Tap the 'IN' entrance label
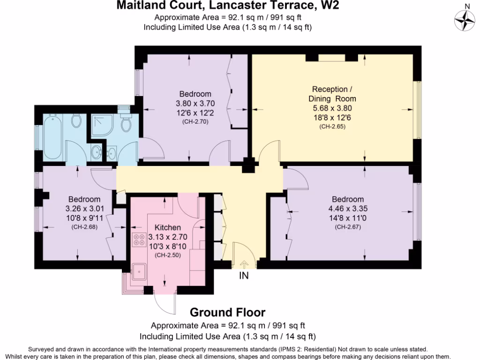[244, 276]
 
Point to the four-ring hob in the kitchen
[139, 240]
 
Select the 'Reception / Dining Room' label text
[332, 94]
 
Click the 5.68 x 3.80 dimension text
[332, 108]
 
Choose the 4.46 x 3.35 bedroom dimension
[348, 209]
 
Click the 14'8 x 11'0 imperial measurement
[348, 218]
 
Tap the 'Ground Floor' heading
[227, 312]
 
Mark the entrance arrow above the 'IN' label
[244, 265]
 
